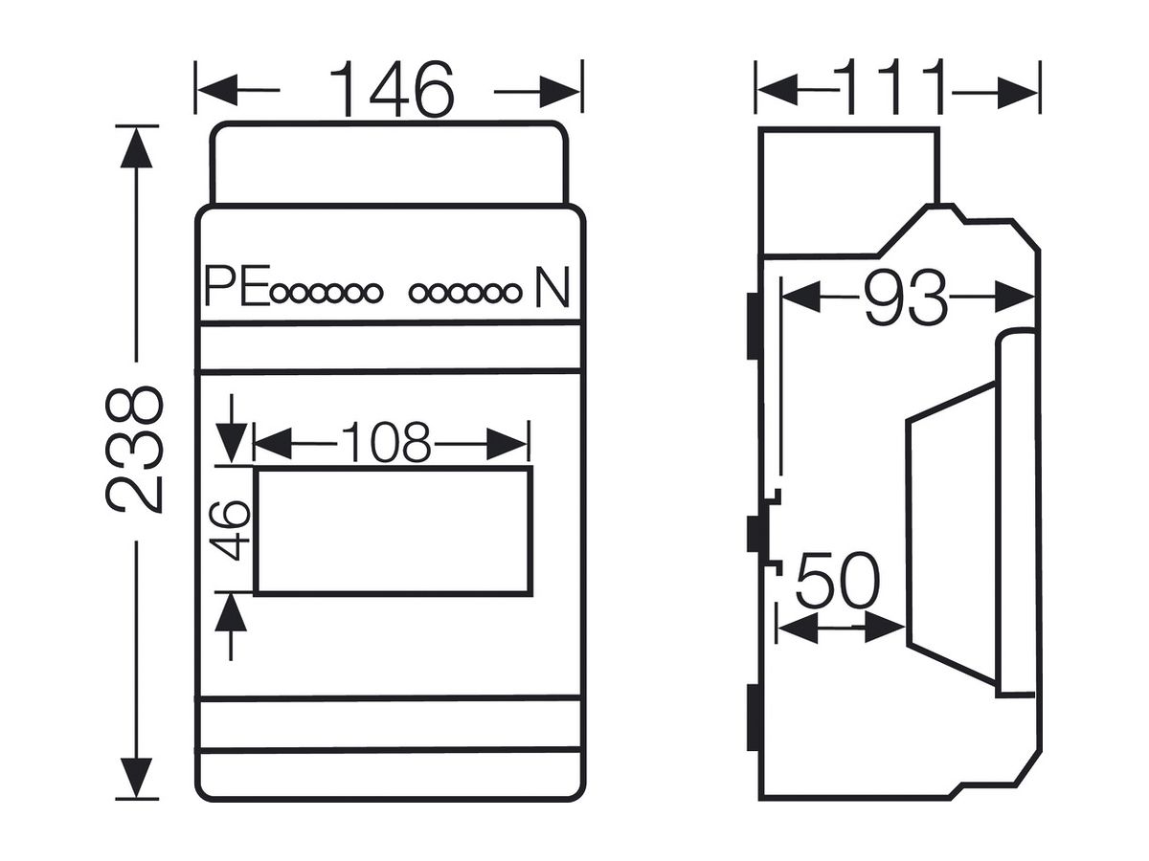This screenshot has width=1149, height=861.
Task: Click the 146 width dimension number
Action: (392, 89)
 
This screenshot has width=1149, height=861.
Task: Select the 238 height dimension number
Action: (135, 449)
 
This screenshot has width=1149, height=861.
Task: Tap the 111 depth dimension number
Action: (894, 86)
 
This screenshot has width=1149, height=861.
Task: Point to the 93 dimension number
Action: (906, 298)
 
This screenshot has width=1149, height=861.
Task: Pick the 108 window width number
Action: (386, 442)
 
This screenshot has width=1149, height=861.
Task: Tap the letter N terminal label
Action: (552, 287)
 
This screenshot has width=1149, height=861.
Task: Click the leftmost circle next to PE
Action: (280, 294)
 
